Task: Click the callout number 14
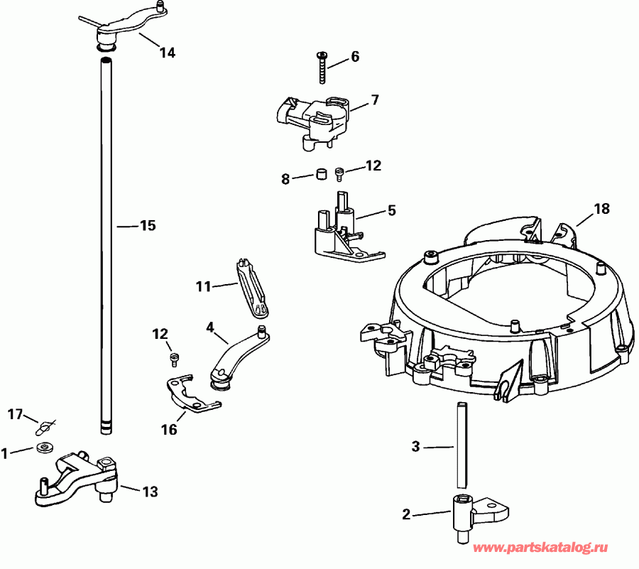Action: pyautogui.click(x=167, y=53)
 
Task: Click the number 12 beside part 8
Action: pyautogui.click(x=373, y=166)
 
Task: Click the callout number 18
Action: pyautogui.click(x=601, y=210)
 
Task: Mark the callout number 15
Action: pyautogui.click(x=147, y=226)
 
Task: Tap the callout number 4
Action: pyautogui.click(x=210, y=327)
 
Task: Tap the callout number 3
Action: pyautogui.click(x=416, y=447)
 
